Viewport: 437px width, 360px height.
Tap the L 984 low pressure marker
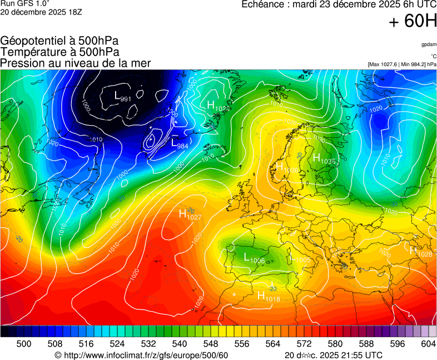click(180, 144)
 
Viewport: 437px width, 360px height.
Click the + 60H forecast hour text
click(413, 21)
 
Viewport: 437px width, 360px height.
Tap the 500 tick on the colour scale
click(24, 344)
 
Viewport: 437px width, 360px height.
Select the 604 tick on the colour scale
click(428, 344)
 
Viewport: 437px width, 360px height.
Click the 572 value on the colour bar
click(304, 344)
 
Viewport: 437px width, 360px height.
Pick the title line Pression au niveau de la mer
click(76, 63)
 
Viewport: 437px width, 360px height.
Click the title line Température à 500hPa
click(59, 52)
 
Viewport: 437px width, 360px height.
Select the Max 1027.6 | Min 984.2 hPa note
click(401, 64)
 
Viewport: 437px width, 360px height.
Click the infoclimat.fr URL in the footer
click(142, 355)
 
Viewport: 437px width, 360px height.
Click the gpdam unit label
click(428, 44)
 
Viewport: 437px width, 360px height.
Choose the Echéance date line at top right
click(339, 4)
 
